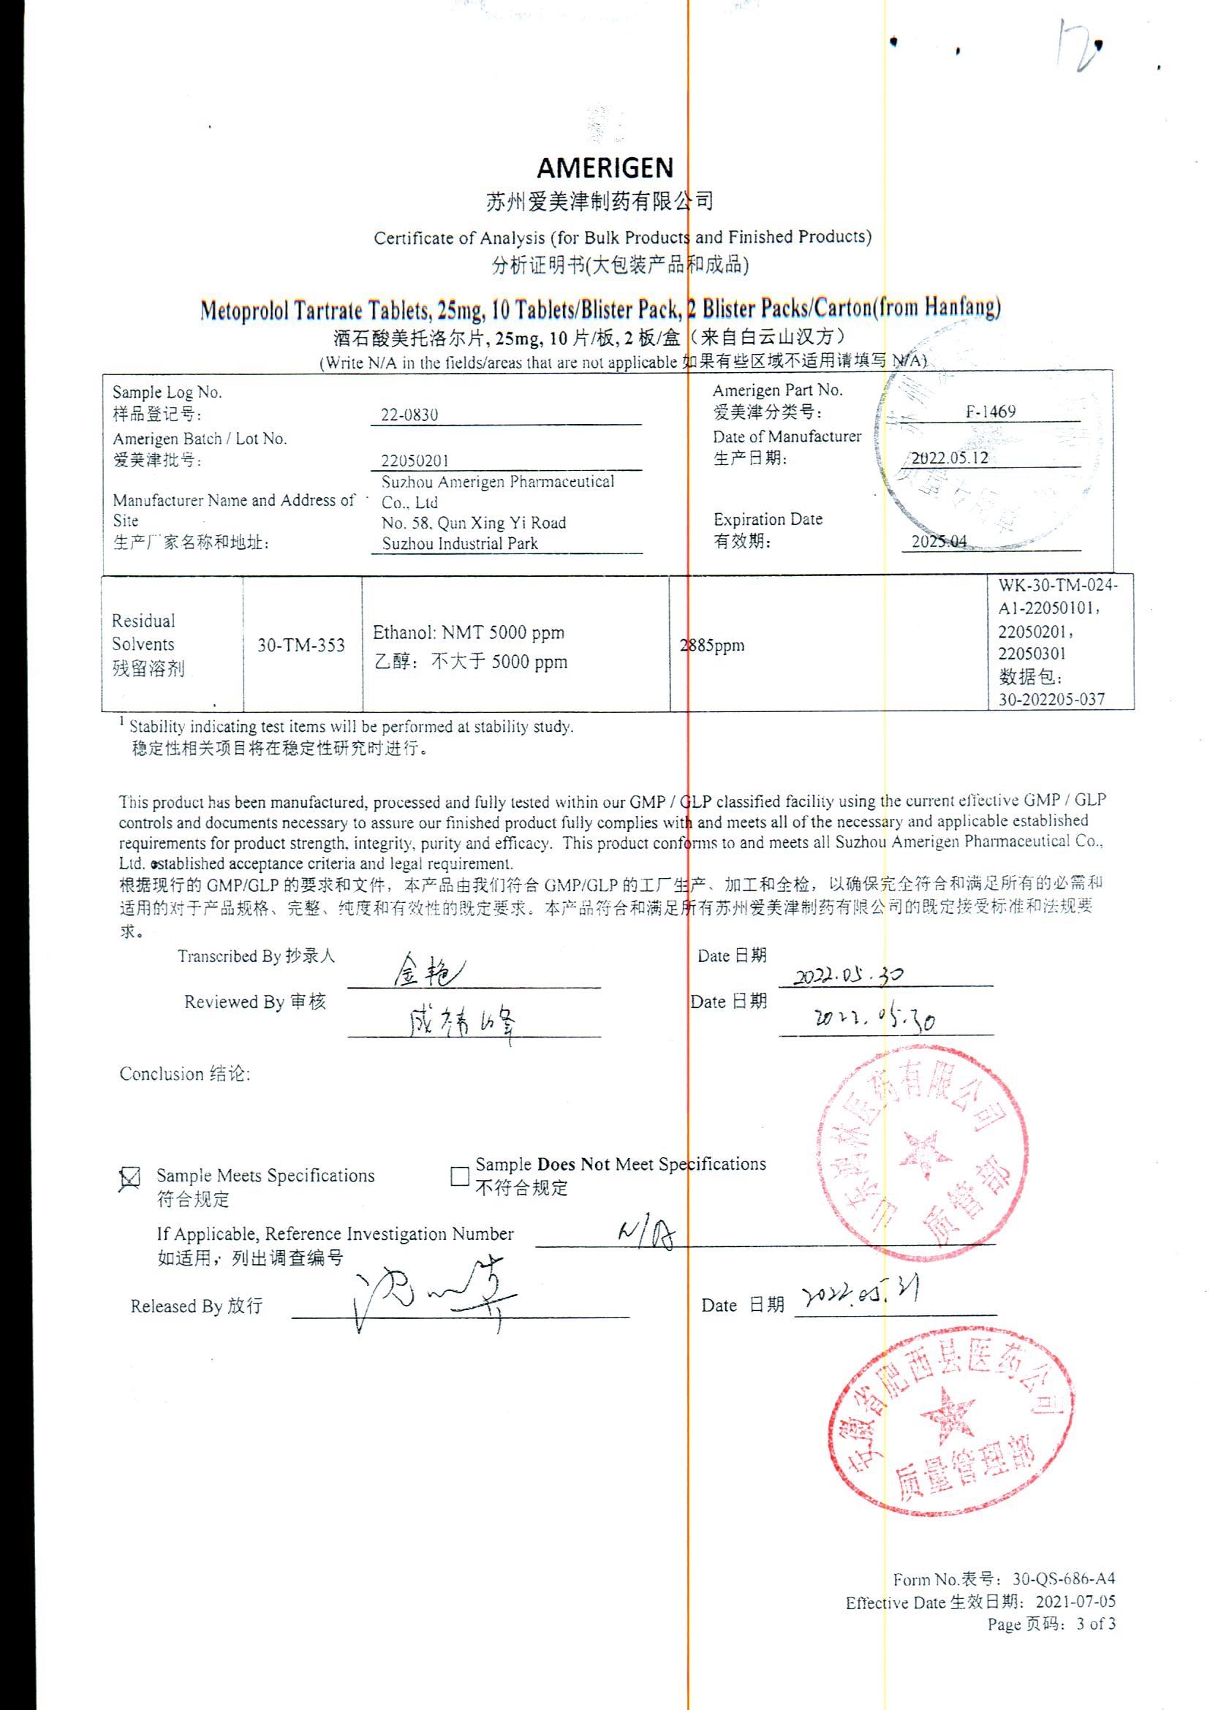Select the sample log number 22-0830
point(409,415)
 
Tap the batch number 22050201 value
point(415,461)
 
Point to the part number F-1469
point(990,412)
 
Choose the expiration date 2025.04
point(939,542)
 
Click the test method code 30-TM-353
point(301,646)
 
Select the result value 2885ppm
point(712,646)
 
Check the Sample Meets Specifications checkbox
point(130,1178)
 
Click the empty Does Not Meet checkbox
point(460,1176)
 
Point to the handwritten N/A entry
point(646,1236)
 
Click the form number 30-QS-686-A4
point(1063,1579)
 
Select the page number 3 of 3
point(1095,1624)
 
